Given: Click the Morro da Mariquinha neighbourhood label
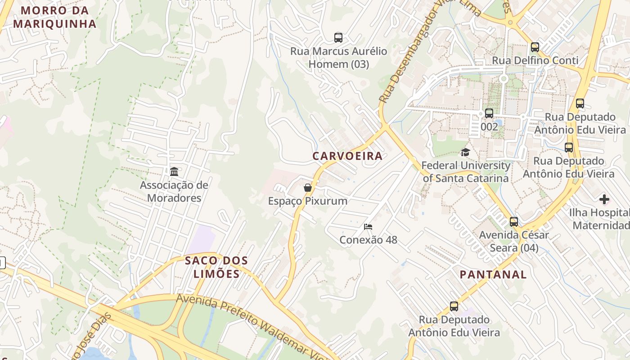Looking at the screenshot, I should click(54, 17).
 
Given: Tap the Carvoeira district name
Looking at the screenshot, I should click(347, 156).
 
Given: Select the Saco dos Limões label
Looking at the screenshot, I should click(216, 267).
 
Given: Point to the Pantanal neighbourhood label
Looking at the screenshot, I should click(493, 274).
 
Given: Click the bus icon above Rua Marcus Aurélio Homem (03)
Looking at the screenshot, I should click(338, 38).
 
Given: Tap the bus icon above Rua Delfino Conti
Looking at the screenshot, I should click(535, 47).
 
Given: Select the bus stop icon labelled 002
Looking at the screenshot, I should click(489, 113).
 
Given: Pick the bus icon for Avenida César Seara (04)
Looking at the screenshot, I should click(513, 222).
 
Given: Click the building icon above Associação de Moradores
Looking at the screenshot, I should click(174, 171).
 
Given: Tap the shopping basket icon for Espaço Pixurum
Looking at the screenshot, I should click(308, 188).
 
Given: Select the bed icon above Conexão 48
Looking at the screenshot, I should click(368, 227).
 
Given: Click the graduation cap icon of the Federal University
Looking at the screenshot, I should click(465, 153).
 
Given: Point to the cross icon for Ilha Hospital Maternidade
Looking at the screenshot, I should click(604, 199).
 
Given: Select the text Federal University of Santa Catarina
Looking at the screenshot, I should click(465, 172).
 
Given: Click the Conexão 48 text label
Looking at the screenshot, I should click(368, 240).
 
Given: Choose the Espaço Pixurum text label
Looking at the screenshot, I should click(308, 201).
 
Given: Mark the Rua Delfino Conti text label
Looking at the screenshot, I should click(535, 60).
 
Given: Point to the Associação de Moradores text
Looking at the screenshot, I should click(174, 192).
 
